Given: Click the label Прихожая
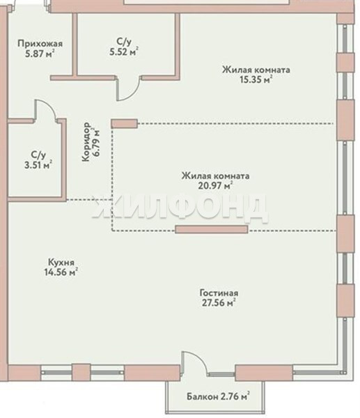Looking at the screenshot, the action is [x=40, y=43].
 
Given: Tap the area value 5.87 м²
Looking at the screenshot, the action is [x=40, y=54].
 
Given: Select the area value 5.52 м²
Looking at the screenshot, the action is [x=124, y=51].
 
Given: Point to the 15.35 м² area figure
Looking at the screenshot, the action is [x=256, y=79].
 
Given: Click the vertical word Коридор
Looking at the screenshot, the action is [x=86, y=142].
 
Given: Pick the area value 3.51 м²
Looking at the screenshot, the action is [x=38, y=164].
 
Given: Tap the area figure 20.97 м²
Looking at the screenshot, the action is [x=215, y=185].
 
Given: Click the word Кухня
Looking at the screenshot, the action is [x=61, y=263].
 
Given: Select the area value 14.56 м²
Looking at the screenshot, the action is [x=61, y=272].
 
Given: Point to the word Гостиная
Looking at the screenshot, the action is [x=219, y=293].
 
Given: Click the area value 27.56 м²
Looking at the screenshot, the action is [x=219, y=303].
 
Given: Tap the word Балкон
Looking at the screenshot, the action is [x=202, y=396].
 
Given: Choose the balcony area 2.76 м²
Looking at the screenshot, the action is [x=235, y=396].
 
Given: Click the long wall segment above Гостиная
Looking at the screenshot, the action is [x=212, y=229].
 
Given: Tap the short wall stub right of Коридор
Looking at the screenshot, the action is [x=124, y=124].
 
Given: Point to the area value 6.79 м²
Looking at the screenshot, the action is [x=97, y=142].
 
